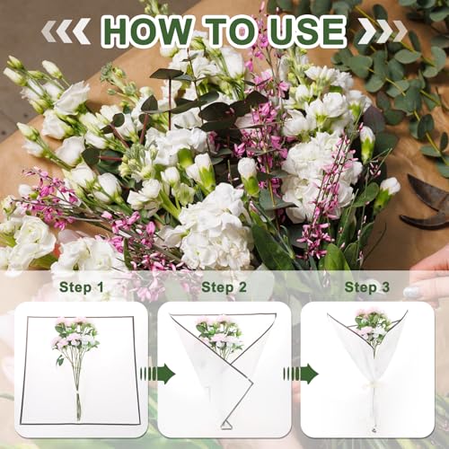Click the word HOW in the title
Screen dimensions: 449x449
(x=147, y=31)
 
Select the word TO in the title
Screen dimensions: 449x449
(x=233, y=31)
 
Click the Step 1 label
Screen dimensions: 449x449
(x=82, y=287)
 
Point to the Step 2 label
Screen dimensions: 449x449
(x=224, y=287)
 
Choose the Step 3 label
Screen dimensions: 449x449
(x=367, y=287)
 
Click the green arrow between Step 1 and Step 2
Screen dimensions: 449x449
(x=157, y=374)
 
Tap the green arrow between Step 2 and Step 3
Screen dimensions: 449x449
(x=301, y=374)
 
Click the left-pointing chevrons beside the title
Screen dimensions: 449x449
(x=66, y=31)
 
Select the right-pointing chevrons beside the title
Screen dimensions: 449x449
(x=383, y=31)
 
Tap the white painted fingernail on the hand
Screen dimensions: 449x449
(x=412, y=292)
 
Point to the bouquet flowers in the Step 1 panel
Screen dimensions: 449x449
(x=76, y=339)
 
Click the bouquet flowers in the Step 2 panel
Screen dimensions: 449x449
(x=219, y=335)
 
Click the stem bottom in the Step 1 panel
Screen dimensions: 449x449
(x=79, y=418)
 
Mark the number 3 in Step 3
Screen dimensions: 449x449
(x=385, y=287)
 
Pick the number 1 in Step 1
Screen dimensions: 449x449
(x=101, y=287)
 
